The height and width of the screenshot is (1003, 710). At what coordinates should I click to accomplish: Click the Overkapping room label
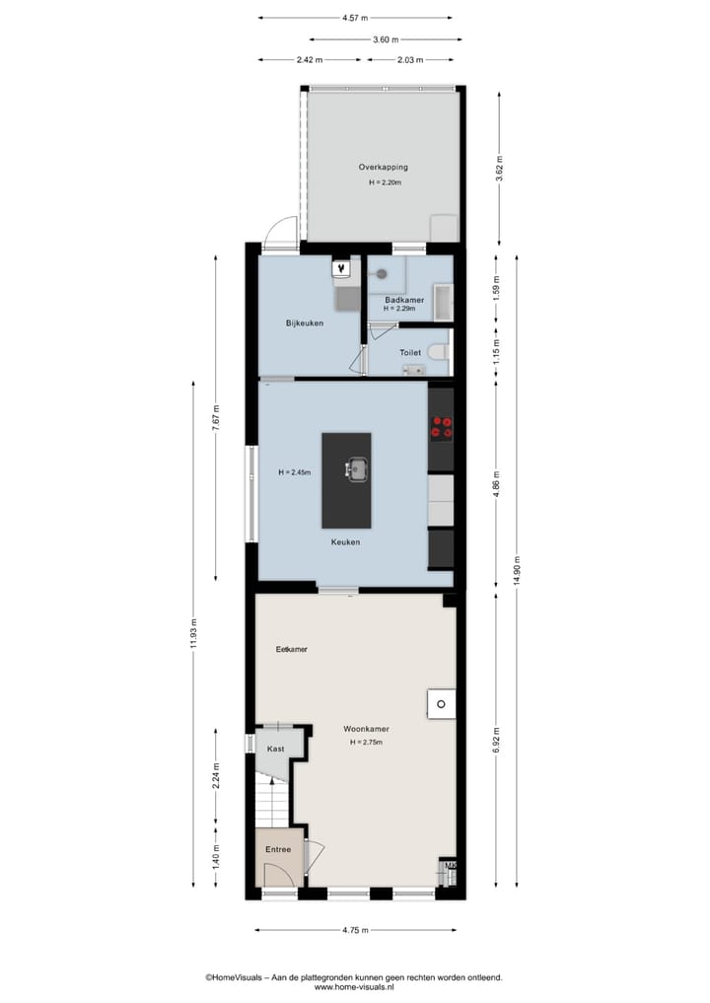pos(383,168)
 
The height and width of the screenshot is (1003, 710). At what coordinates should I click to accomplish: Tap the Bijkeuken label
pos(305,323)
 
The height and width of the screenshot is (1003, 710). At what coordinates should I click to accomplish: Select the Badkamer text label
pos(404,299)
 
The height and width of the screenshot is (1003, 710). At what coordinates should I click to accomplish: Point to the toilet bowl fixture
pos(439,351)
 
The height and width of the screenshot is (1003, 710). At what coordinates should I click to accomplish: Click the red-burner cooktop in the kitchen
pos(441,426)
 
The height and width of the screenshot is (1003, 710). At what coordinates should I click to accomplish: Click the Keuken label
pos(345,542)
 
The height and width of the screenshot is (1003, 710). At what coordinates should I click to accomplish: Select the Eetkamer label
pos(292,650)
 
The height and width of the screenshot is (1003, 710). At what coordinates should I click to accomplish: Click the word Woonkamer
pos(366,729)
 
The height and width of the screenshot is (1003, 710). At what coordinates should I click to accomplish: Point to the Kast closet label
pos(276,750)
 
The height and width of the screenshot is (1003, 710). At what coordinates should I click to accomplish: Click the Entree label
pos(278,848)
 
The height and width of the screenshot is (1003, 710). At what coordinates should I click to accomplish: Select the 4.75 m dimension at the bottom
pos(355,929)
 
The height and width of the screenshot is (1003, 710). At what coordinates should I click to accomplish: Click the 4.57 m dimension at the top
pos(355,18)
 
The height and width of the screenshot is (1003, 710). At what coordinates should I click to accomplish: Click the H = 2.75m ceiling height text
pos(366,742)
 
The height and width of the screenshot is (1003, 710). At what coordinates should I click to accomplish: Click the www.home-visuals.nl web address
pos(354,986)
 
